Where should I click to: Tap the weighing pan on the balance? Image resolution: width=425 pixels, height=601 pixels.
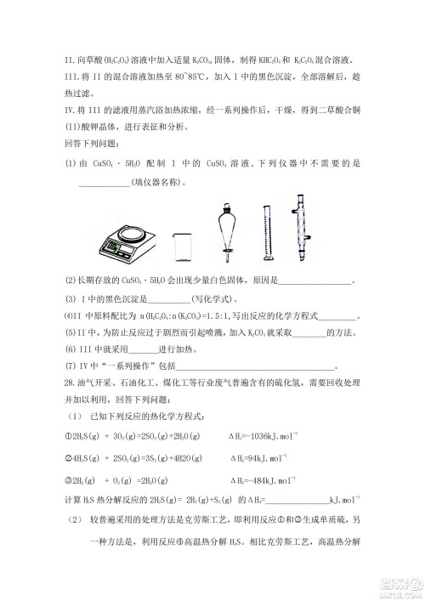pyautogui.click(x=131, y=231)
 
